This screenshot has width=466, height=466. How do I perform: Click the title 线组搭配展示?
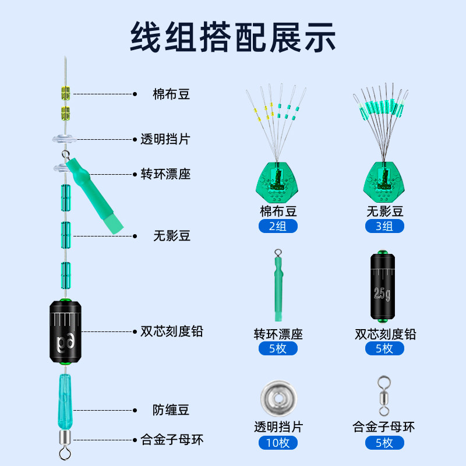233,37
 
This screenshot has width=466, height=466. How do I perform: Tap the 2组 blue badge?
278,226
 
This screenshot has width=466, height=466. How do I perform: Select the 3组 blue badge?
384,226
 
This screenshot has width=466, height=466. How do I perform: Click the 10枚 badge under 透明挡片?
278,442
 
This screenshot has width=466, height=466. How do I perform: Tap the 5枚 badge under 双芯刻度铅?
384,348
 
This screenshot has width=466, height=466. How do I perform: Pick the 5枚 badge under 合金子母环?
384,442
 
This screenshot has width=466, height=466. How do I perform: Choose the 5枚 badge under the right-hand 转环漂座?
278,348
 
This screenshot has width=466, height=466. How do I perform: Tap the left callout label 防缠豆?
171,410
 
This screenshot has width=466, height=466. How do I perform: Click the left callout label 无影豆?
171,236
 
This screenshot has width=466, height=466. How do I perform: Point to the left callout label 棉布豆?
171,94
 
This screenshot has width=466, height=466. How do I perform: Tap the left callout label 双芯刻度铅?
171,331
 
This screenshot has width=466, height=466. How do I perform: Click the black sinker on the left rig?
66,332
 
